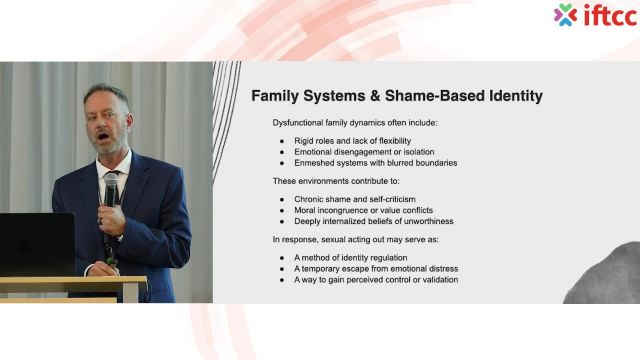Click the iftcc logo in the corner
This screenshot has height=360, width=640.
tap(595, 15)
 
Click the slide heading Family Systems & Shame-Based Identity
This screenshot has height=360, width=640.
tap(396, 96)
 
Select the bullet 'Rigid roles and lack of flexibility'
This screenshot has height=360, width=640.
tap(352, 141)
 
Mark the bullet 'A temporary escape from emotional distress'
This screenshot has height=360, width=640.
tap(368, 269)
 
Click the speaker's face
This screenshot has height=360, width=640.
tap(106, 124)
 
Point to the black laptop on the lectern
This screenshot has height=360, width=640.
tap(35, 243)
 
